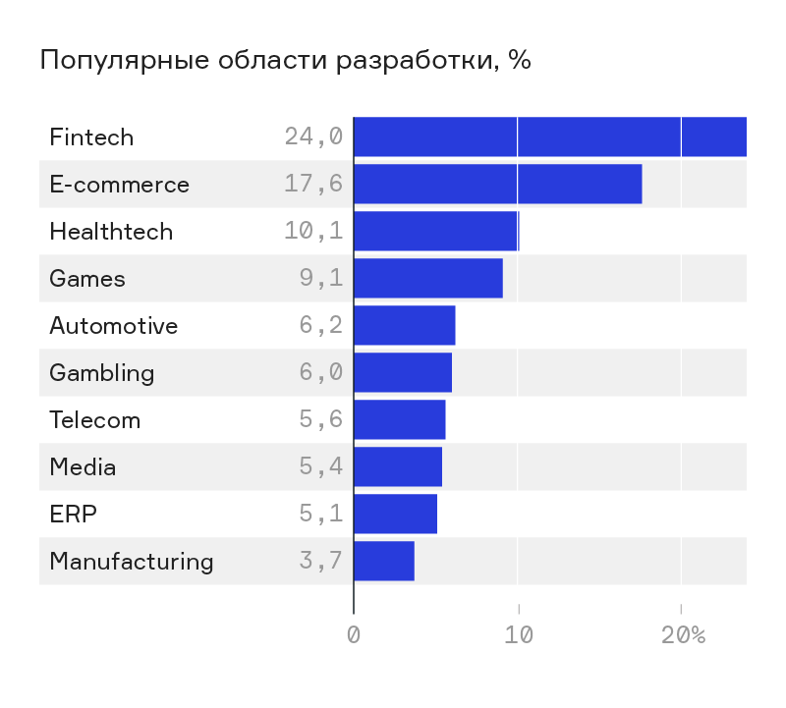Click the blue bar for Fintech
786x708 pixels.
click(549, 136)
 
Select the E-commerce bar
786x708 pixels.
click(497, 184)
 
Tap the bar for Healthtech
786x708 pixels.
click(435, 231)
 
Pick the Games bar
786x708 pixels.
click(427, 278)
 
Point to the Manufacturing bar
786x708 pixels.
click(383, 561)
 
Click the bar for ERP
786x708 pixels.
click(395, 514)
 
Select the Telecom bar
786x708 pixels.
click(399, 419)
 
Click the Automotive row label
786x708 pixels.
click(114, 325)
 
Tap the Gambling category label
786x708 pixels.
click(102, 372)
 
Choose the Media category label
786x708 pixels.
click(83, 466)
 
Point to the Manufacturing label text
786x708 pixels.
click(131, 561)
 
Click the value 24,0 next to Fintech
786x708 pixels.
click(313, 136)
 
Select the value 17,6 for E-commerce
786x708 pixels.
click(313, 184)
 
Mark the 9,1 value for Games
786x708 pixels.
click(321, 278)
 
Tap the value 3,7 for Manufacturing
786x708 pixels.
click(321, 561)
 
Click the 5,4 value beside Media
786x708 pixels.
click(321, 466)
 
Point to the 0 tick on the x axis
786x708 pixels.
click(354, 634)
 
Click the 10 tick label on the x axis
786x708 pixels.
click(518, 634)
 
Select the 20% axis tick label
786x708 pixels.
click(683, 634)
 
